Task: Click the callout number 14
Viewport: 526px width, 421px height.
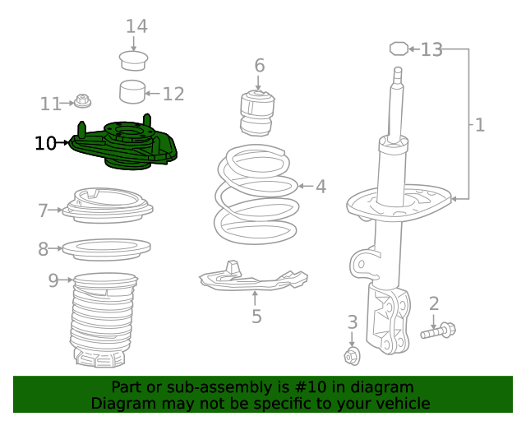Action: pyautogui.click(x=136, y=26)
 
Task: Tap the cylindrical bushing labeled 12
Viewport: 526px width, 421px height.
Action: pyautogui.click(x=132, y=91)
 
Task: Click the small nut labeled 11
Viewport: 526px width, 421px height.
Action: pyautogui.click(x=82, y=102)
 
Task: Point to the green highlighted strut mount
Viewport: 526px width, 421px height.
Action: pyautogui.click(x=123, y=146)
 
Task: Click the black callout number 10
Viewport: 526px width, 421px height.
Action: pyautogui.click(x=46, y=144)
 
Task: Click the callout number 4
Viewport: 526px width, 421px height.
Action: pyautogui.click(x=321, y=187)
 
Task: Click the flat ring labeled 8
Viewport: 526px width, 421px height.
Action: pyautogui.click(x=107, y=247)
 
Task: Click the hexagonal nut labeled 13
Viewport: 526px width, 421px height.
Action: pyautogui.click(x=399, y=49)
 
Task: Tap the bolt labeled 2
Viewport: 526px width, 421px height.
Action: pyautogui.click(x=439, y=331)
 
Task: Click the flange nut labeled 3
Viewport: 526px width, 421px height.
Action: pyautogui.click(x=353, y=356)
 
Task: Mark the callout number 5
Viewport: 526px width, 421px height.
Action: pyautogui.click(x=256, y=316)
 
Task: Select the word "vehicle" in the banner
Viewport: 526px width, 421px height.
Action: pyautogui.click(x=400, y=403)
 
